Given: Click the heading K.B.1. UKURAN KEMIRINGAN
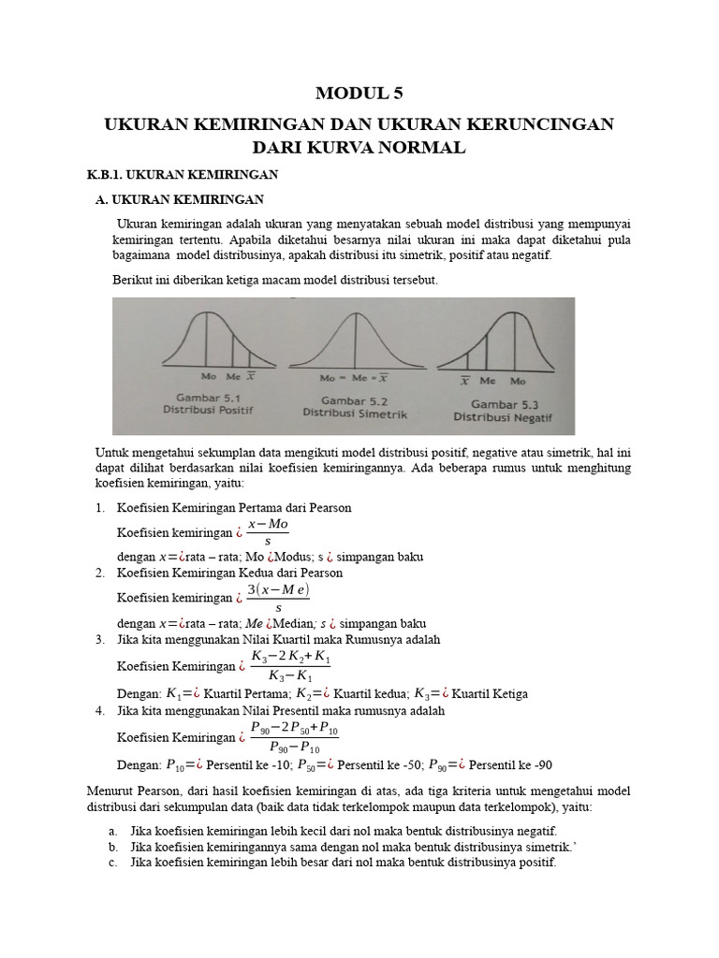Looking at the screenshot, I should (183, 175).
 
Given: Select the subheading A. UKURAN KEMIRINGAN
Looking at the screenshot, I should (181, 199).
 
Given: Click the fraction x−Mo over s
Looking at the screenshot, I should (270, 532).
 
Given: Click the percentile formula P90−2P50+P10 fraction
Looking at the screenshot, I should (296, 736).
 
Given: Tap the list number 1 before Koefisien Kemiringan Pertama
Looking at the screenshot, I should (100, 507).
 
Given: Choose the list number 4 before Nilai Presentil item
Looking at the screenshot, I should (100, 711).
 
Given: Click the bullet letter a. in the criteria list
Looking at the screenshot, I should (112, 831).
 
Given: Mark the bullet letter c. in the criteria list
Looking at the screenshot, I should (112, 863).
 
